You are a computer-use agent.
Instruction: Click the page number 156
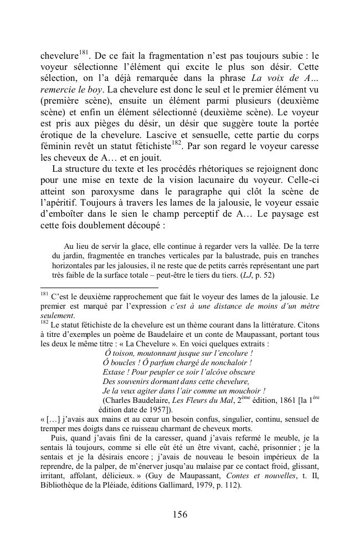(x=179, y=514)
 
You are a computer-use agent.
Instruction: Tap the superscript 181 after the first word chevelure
(x=84, y=53)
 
